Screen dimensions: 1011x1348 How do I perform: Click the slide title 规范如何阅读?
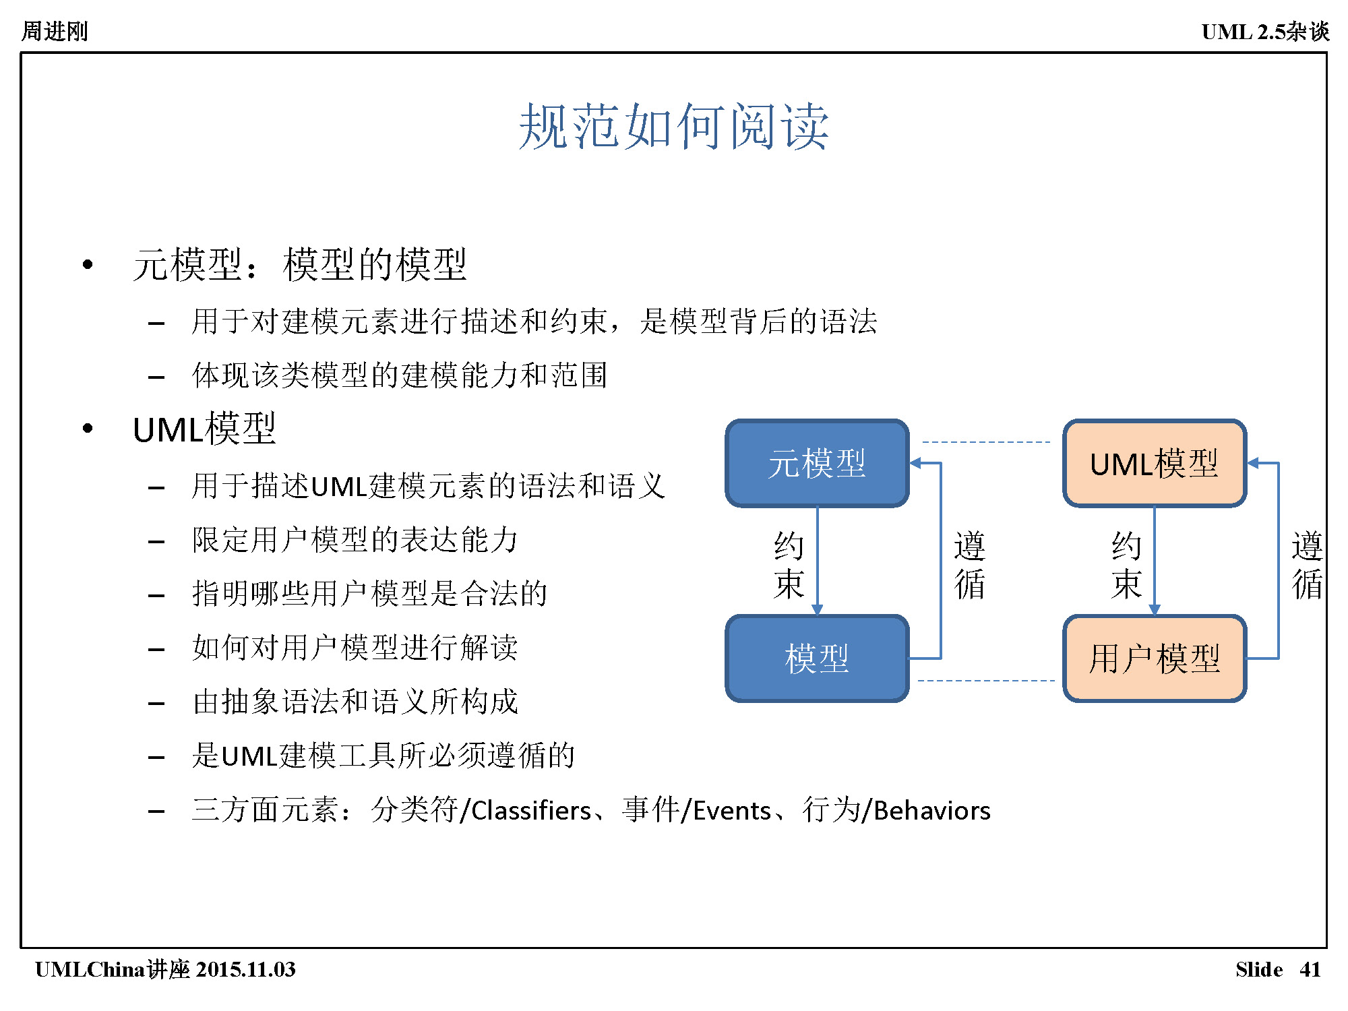[673, 126]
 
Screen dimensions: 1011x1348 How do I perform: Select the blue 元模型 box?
[817, 463]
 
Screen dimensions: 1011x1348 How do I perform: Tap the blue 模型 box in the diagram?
[817, 658]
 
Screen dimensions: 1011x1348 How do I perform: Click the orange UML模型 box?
[1155, 463]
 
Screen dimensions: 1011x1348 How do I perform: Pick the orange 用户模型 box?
[1155, 658]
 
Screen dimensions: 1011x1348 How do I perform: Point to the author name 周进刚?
[55, 31]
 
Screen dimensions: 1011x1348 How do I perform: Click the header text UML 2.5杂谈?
[1265, 31]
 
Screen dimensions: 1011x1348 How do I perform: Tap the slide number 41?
[1310, 969]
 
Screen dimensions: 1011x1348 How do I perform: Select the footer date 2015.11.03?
[246, 969]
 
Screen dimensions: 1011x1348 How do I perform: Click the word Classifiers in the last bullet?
[531, 810]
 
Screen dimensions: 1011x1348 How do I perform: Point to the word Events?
[732, 810]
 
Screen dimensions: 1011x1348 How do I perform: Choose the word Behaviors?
[932, 810]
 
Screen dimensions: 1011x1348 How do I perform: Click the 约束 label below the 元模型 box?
[789, 565]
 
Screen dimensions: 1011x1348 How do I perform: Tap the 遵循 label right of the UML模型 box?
[1307, 565]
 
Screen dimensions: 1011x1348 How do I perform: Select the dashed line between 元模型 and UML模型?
[986, 442]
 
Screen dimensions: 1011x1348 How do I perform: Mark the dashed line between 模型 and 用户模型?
[986, 681]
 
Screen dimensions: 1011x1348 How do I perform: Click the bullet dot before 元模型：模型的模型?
[88, 264]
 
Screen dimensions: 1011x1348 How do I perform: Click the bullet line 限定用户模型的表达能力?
[355, 540]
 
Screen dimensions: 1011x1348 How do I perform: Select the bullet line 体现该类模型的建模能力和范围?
[400, 375]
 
